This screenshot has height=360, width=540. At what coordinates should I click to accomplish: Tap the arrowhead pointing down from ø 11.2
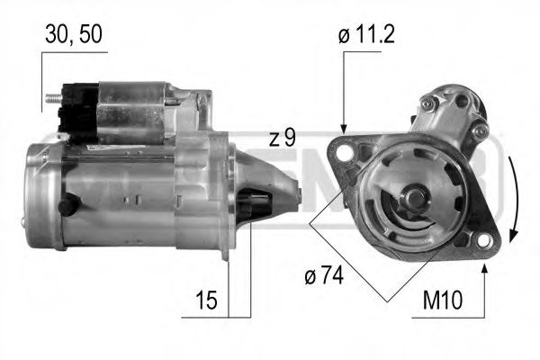(343, 129)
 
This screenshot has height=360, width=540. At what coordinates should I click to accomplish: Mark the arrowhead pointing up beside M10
(486, 267)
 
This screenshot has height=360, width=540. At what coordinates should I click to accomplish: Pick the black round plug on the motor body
(66, 205)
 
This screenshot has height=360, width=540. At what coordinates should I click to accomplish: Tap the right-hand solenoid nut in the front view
(481, 131)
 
